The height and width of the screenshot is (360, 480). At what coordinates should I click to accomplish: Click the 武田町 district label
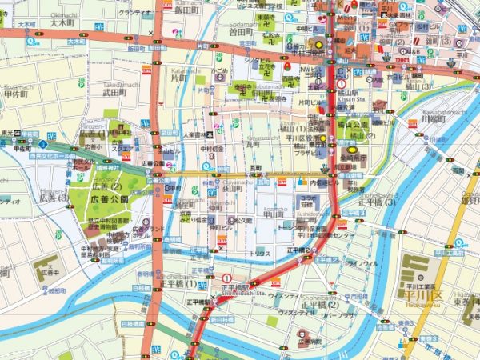pyautogui.click(x=115, y=92)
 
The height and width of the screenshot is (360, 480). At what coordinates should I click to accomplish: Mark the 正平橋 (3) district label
pyautogui.click(x=378, y=202)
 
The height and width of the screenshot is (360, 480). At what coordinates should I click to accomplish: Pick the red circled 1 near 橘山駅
pyautogui.click(x=342, y=84)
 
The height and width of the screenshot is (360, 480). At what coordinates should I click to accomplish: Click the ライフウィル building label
pyautogui.click(x=362, y=262)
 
